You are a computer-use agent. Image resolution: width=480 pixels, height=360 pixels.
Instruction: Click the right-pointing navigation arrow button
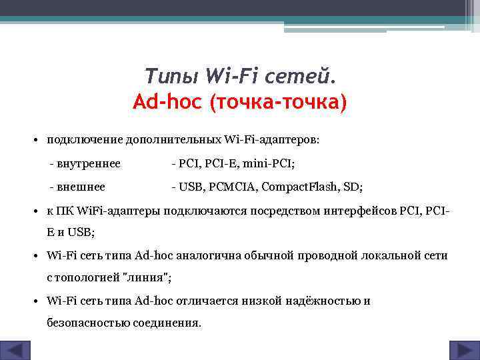(x=461, y=350)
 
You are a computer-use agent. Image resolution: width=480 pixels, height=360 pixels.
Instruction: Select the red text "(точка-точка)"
(x=277, y=103)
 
